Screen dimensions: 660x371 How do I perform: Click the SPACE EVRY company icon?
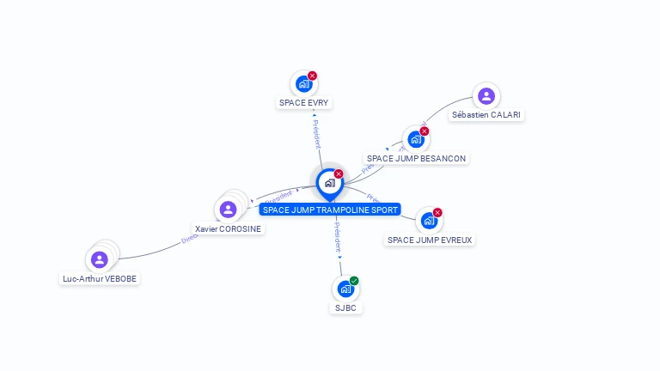[303, 84]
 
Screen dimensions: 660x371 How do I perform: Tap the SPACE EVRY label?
[304, 103]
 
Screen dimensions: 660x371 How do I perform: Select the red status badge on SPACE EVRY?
[312, 76]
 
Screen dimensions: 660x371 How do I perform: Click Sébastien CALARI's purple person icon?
[486, 96]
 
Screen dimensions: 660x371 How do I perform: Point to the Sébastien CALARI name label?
[486, 115]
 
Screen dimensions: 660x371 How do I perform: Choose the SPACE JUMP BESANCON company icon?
[416, 140]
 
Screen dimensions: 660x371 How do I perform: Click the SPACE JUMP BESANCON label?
[417, 159]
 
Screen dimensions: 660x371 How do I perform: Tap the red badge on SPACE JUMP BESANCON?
[425, 131]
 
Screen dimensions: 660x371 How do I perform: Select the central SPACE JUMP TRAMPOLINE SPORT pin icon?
[329, 183]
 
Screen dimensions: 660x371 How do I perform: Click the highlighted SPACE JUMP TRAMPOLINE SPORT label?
[330, 210]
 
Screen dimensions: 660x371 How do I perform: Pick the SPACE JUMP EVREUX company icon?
[429, 221]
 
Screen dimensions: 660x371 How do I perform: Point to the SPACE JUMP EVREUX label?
[430, 240]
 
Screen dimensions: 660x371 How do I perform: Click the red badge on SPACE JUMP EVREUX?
[437, 212]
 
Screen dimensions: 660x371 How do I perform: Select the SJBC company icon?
[345, 289]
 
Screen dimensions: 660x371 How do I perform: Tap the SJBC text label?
[345, 307]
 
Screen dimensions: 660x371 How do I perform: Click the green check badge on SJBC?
[354, 281]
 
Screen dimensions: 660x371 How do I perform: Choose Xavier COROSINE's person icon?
[228, 209]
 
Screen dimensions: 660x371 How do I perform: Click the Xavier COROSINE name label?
[229, 229]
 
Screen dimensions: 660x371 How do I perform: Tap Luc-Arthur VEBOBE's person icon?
[100, 258]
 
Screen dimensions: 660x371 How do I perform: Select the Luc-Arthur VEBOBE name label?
[100, 279]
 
